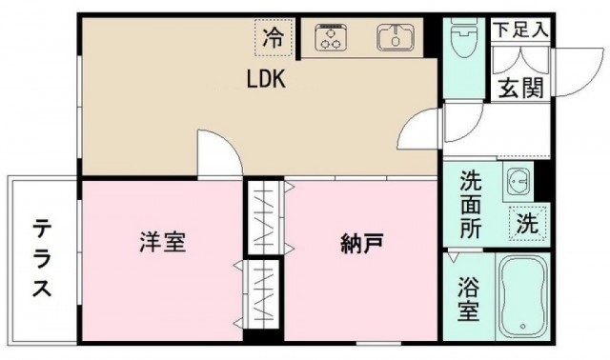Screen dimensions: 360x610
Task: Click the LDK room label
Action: pos(266,81)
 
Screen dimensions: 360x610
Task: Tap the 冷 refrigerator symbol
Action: pos(274,38)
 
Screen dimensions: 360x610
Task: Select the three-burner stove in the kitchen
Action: pos(332,39)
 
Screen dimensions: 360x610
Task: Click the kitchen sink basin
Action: pos(393,38)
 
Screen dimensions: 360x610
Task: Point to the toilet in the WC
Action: pos(465,40)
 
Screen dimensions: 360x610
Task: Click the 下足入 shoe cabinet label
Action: pos(520,29)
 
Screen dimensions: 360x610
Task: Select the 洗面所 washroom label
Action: pos(471,205)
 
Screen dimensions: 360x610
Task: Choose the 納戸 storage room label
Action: pos(362,245)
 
